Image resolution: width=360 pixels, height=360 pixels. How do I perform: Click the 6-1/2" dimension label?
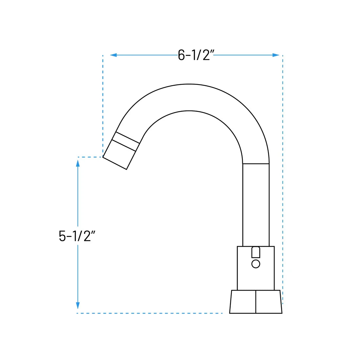pyautogui.click(x=196, y=55)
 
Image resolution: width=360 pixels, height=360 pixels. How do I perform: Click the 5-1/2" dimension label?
pyautogui.click(x=77, y=236)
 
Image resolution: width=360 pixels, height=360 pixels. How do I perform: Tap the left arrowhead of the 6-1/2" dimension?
pyautogui.click(x=113, y=55)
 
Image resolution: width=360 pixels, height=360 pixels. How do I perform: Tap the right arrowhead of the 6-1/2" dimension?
pyautogui.click(x=276, y=55)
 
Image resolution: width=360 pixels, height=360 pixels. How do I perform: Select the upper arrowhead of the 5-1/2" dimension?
pyautogui.click(x=78, y=163)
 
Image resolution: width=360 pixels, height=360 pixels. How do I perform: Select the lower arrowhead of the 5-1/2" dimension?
pyautogui.click(x=78, y=306)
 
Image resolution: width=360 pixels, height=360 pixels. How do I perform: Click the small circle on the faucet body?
pyautogui.click(x=256, y=264)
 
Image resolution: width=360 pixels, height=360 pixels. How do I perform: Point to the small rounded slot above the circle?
pyautogui.click(x=256, y=252)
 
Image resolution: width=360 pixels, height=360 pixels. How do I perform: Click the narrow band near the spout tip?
pyautogui.click(x=126, y=141)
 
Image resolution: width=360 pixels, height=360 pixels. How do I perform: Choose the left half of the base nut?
pyautogui.click(x=243, y=302)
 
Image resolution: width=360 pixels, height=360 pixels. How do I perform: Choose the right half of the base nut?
pyautogui.click(x=268, y=302)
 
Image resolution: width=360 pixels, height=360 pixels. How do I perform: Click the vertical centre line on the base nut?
pyautogui.click(x=256, y=302)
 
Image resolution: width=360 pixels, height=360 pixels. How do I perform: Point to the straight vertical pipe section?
pyautogui.click(x=256, y=205)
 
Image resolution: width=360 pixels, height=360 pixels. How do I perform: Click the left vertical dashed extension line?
pyautogui.click(x=103, y=105)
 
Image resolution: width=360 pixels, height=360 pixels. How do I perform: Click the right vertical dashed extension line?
pyautogui.click(x=283, y=180)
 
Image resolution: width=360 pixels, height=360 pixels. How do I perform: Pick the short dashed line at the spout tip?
pyautogui.click(x=90, y=157)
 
